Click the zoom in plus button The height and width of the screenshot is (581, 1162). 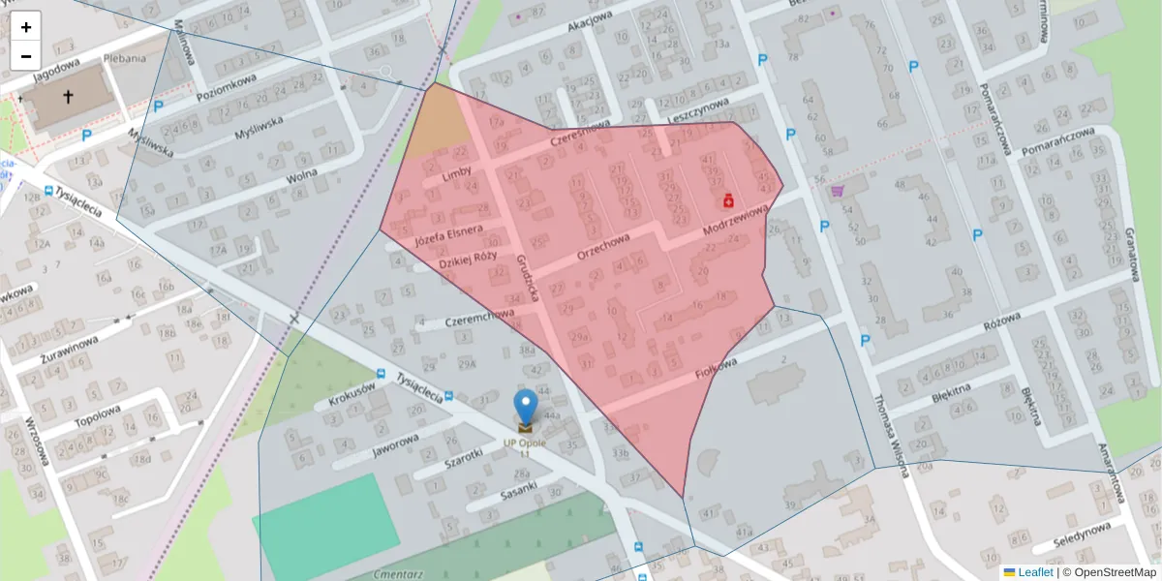coord(26,27)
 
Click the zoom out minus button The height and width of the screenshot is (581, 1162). coord(26,55)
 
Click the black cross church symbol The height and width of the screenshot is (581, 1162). coord(69,97)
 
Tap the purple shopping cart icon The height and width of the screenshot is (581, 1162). coord(837,191)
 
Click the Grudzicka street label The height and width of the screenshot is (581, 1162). coord(528,277)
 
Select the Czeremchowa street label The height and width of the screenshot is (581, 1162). coord(479,317)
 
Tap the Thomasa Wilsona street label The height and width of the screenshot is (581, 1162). coord(888,436)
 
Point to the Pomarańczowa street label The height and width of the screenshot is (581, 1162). coord(994,117)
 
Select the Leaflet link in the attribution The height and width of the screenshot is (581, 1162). coord(1035,572)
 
